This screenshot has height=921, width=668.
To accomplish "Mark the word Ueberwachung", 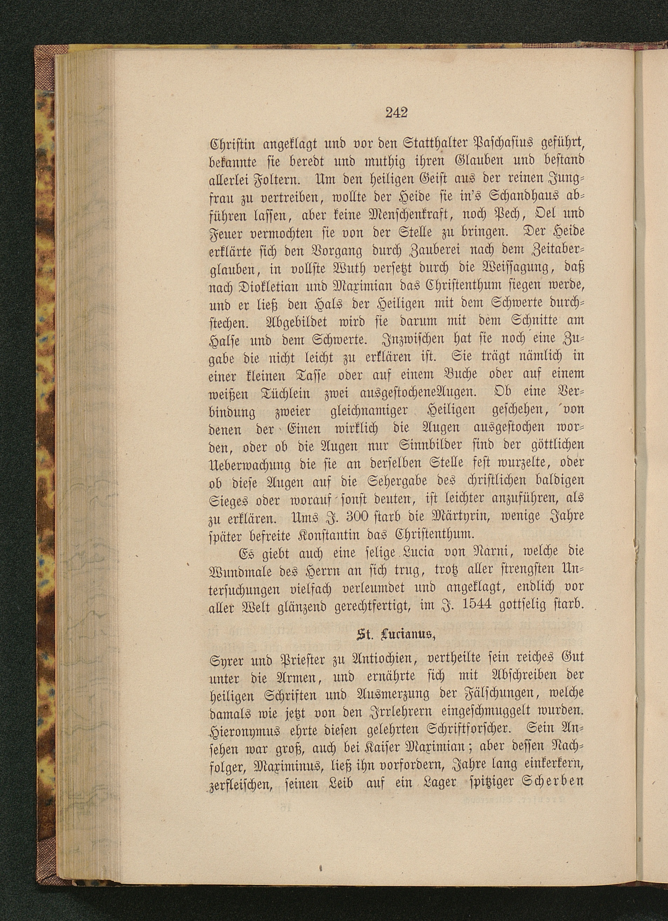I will click(x=249, y=464).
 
